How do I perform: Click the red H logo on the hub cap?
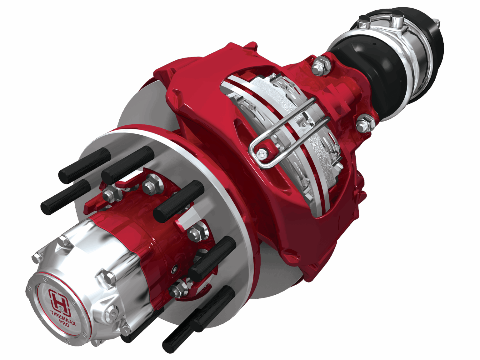pyautogui.click(x=57, y=300)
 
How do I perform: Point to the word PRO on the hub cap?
pyautogui.click(x=64, y=324)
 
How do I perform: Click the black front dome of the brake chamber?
pyautogui.click(x=366, y=69)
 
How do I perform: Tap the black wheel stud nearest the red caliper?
pyautogui.click(x=178, y=200)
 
